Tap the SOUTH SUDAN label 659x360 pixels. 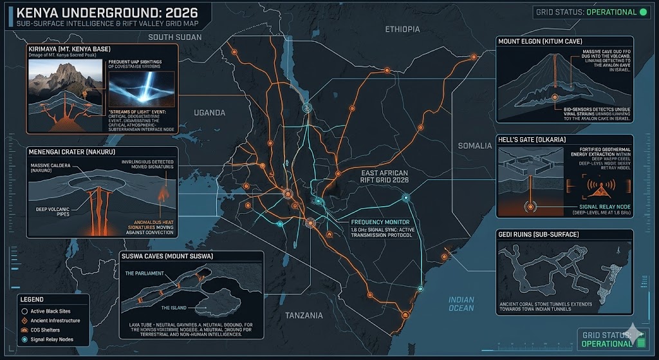[x=175, y=37]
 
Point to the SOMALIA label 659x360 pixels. [x=474, y=146]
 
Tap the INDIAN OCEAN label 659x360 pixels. [x=461, y=304]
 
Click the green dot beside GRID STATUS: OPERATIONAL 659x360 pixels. [x=643, y=12]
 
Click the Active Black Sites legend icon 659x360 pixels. [x=24, y=310]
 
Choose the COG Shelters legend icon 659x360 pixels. [x=24, y=329]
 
